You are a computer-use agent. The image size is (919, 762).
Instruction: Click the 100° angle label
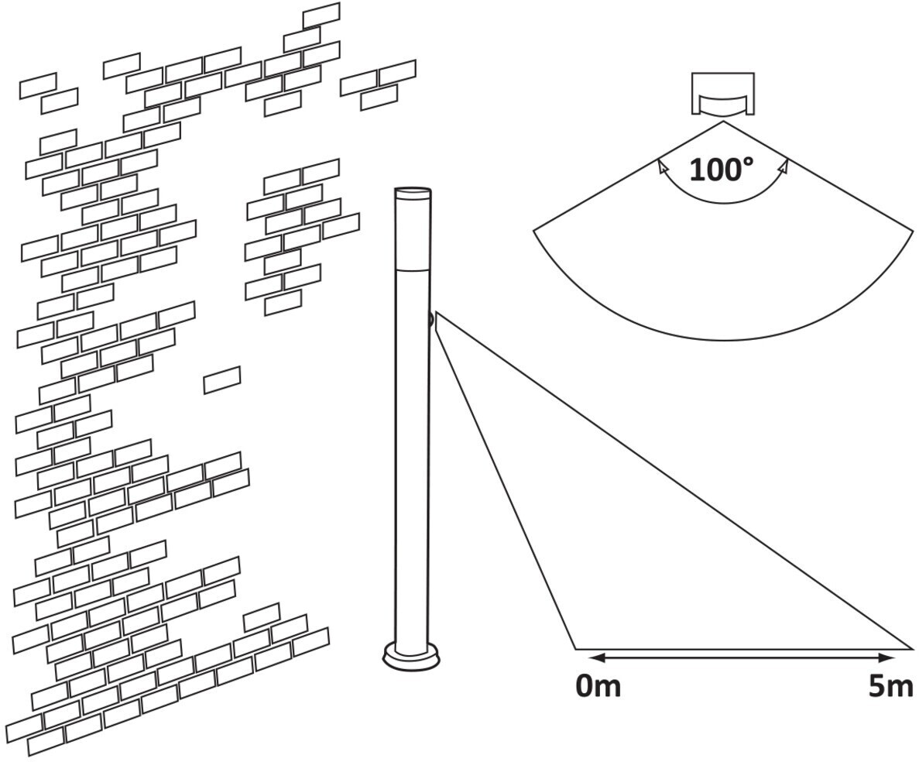pos(720,170)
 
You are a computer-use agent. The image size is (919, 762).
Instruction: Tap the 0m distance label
pos(598,686)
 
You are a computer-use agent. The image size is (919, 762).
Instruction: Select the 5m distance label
pos(890,686)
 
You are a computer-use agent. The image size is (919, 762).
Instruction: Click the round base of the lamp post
pos(411,657)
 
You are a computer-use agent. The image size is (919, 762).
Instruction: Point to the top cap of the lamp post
pos(413,190)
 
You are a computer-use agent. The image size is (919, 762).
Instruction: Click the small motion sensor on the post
pos(430,319)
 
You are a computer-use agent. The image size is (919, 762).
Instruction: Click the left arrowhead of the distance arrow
pos(594,658)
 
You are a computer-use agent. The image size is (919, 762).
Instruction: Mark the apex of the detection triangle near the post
pos(437,313)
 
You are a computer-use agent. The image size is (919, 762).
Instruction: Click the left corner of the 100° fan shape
pos(535,229)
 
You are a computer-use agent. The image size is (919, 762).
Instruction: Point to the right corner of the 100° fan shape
pos(913,231)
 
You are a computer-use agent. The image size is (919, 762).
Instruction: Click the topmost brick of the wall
pos(321,15)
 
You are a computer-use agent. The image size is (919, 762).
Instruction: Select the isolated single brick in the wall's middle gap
pos(222,379)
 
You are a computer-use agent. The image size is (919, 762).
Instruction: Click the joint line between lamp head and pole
pos(412,269)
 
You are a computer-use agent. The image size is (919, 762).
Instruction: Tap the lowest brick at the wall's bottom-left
pos(46,741)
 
